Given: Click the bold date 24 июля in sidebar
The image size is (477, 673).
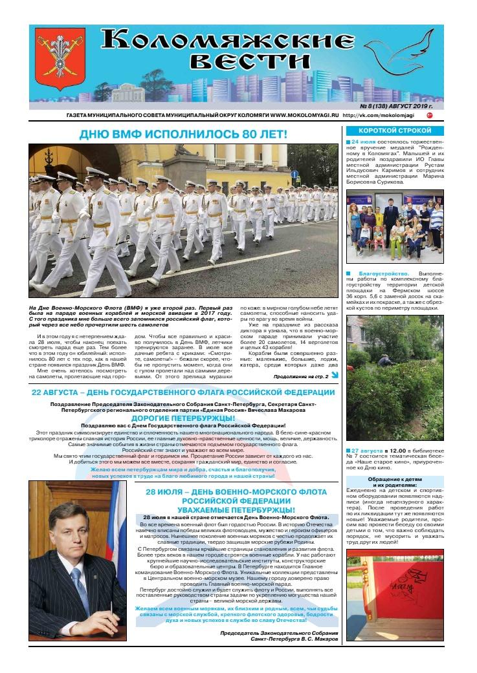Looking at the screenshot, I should (x=364, y=142).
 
